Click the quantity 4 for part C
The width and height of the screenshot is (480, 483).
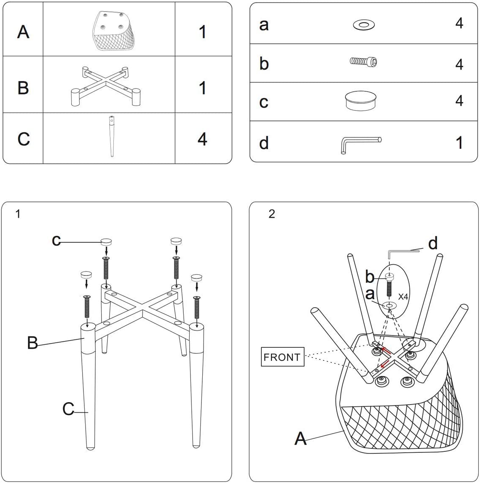point(202,138)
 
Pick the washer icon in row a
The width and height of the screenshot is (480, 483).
point(363,25)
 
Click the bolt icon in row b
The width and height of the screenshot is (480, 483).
point(363,62)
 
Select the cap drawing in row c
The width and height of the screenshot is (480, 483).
point(361,101)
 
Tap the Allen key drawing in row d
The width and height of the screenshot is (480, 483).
point(360,143)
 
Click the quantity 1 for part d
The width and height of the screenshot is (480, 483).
point(459,143)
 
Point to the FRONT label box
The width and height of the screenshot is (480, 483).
point(282,357)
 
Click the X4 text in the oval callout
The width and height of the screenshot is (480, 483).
point(403,297)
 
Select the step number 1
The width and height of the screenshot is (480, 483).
point(18,214)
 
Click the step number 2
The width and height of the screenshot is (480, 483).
point(271,214)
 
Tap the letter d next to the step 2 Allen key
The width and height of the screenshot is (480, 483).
point(432,243)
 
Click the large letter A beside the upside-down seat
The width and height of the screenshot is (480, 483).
point(300,438)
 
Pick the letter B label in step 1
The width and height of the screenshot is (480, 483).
point(32,343)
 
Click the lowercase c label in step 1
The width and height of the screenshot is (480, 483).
point(56,240)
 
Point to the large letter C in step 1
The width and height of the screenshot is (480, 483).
point(68,408)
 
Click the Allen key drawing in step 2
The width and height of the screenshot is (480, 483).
point(403,252)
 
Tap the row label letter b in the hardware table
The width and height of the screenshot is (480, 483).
point(264,63)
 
